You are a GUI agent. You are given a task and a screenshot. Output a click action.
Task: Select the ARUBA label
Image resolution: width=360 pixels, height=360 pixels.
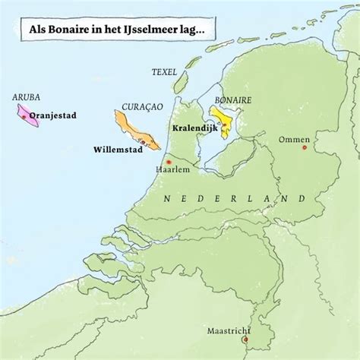tap(27, 97)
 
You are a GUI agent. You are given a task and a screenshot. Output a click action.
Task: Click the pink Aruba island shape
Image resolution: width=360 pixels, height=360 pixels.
tap(32, 115)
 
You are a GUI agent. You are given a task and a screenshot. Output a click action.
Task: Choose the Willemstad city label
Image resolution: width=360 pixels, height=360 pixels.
tap(117, 149)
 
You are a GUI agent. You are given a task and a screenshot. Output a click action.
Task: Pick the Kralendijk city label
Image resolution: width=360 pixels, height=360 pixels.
tap(196, 129)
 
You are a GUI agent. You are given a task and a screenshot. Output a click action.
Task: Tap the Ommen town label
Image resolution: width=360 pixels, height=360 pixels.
tap(295, 139)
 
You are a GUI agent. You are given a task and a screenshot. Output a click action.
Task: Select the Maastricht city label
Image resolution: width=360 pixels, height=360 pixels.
tap(229, 330)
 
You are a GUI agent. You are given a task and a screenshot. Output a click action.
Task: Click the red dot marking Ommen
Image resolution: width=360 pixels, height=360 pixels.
tap(304, 147)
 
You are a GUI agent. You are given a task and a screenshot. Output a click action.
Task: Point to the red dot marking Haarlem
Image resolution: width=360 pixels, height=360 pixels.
tap(169, 162)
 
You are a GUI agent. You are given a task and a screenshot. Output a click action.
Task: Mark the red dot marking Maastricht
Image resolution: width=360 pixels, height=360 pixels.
tap(244, 340)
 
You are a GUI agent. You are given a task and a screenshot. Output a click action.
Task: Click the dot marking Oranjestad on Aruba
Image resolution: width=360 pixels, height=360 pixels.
tap(27, 116)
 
